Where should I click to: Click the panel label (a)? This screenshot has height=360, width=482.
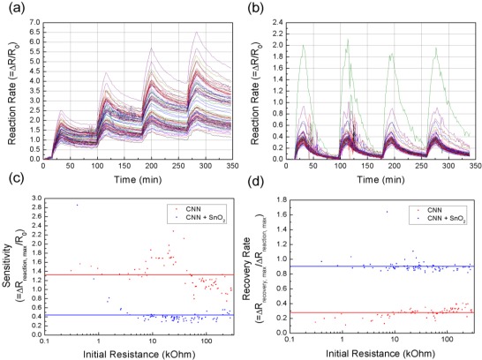[11, 9]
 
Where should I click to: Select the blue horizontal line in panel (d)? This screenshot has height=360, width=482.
[380, 266]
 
